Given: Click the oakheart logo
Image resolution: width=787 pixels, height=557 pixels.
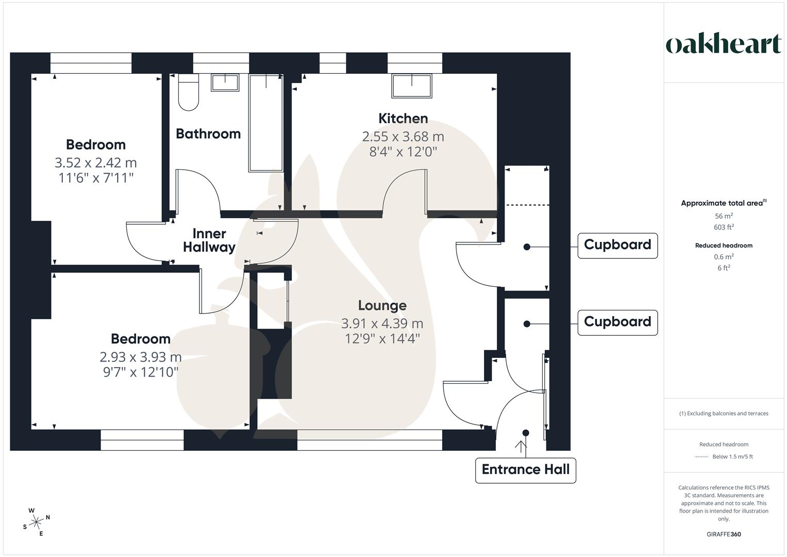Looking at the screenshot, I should pos(723,44).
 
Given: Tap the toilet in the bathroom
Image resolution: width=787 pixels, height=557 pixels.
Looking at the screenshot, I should pos(188,93).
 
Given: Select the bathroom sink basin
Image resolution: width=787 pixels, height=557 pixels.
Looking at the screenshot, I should pos(225,83).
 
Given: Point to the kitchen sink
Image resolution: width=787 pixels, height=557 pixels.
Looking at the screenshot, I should pos(412,86).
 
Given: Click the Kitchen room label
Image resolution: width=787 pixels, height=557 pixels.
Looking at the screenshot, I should pos(403,119).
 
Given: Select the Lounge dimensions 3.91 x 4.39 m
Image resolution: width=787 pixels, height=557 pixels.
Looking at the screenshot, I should pos(382,324).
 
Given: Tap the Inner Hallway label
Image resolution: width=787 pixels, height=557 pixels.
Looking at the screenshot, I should pos(209,240).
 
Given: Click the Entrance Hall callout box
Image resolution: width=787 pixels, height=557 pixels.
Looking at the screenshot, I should pos(525,470).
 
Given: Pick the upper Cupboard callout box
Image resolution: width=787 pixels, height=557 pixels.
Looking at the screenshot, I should pos(617,245).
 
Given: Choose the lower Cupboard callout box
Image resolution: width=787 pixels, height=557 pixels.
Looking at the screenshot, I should pos(617,322).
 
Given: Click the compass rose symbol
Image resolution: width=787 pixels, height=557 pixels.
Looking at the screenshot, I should pos(37,522).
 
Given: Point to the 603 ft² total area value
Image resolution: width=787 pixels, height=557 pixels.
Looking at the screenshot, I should pos(724,227).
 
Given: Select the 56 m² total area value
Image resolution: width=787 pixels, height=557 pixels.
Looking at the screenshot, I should pos(724,216).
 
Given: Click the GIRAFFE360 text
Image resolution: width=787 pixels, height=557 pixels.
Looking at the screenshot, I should pos(724,534).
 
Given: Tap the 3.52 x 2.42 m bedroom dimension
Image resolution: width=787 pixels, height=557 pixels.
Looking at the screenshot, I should pos(96,163).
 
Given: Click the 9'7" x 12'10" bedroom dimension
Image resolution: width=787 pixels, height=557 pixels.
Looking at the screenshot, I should pos(141,372).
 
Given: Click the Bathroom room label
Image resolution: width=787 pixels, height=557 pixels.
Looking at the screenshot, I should pos(208,134).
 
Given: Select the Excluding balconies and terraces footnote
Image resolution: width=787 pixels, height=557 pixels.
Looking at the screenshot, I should pos(724,414).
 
